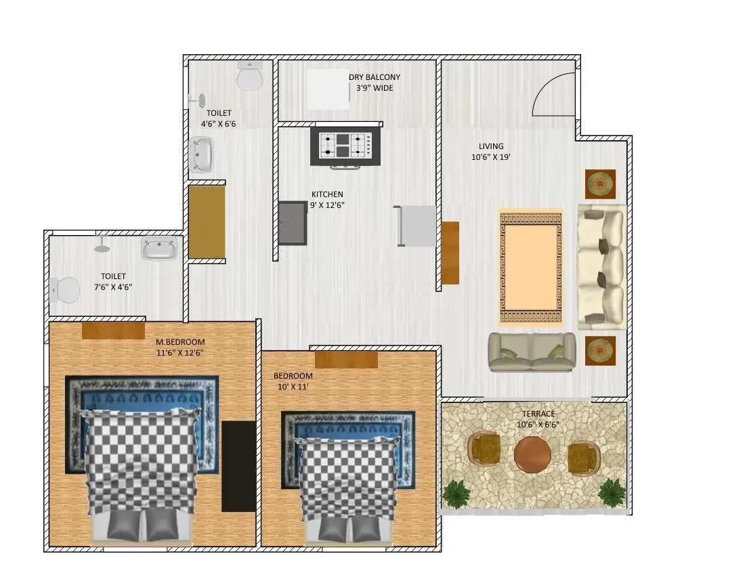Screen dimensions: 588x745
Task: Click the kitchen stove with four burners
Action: tap(345, 146)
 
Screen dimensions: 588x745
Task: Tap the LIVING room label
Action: tap(491, 146)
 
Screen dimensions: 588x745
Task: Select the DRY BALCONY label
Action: tap(375, 77)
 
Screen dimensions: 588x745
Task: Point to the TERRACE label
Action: tap(538, 414)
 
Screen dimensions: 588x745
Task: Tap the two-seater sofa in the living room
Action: tap(532, 352)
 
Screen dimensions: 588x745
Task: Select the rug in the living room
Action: tap(531, 267)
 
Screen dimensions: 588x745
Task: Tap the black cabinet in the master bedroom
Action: tap(238, 466)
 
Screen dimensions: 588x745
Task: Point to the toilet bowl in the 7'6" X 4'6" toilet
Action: tap(64, 291)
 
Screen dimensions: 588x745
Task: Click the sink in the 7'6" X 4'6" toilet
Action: tap(160, 249)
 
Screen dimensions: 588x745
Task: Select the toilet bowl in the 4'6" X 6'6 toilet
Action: tap(249, 77)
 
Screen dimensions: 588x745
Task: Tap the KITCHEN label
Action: tap(327, 194)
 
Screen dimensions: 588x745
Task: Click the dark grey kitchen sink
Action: tap(293, 223)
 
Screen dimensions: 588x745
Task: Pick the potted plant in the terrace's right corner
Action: tap(612, 492)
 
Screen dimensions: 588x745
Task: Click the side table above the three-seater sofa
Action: tap(600, 184)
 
